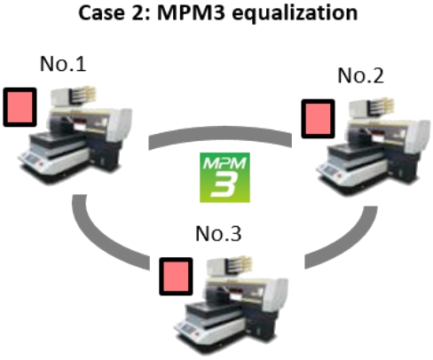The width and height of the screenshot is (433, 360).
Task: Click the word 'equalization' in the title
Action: [295, 13]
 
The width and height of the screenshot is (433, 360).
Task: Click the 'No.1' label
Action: [63, 64]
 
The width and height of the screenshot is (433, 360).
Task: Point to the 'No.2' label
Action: [360, 75]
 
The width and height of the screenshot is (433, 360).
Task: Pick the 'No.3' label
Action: [218, 233]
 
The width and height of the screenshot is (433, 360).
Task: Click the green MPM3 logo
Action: [224, 177]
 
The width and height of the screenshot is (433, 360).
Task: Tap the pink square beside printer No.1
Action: [20, 107]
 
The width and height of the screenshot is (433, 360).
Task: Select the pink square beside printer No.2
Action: [318, 119]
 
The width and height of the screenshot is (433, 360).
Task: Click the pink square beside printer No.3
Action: [176, 277]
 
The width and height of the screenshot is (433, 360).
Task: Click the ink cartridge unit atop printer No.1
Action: [74, 96]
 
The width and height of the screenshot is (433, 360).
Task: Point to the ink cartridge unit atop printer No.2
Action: [372, 107]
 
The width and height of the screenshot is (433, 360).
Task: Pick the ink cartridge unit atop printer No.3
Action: [230, 266]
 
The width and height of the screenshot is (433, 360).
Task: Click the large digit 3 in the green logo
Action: [224, 185]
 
